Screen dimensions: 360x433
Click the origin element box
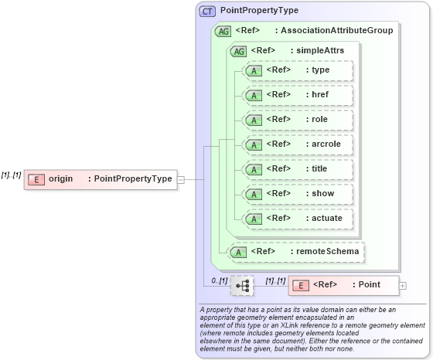click(100, 179)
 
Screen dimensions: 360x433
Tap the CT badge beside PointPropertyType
click(208, 12)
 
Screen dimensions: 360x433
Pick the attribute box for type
click(298, 71)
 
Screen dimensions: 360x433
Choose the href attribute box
click(298, 96)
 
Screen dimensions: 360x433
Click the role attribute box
click(298, 121)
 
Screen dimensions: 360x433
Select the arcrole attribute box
click(298, 144)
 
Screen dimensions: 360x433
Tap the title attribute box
click(298, 169)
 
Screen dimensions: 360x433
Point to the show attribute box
click(298, 194)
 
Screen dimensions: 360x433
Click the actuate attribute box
click(298, 219)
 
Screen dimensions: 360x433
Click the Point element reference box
click(344, 285)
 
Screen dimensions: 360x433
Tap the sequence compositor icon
click(242, 285)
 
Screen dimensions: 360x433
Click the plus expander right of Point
click(403, 285)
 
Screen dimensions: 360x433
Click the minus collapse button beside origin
click(181, 179)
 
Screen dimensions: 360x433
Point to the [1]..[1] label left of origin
click(11, 175)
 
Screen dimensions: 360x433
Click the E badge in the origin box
click(36, 179)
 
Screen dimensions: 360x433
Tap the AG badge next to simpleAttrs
click(239, 51)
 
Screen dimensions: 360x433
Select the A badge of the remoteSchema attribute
click(240, 252)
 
